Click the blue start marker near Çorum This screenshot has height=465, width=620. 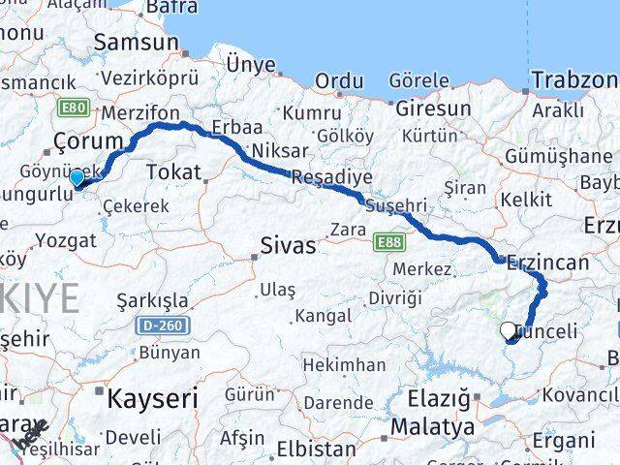[77, 177]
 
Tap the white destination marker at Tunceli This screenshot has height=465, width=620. [509, 331]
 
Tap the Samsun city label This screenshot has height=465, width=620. [137, 43]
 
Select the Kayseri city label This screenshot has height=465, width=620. [151, 397]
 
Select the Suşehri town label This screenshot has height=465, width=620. [395, 205]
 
